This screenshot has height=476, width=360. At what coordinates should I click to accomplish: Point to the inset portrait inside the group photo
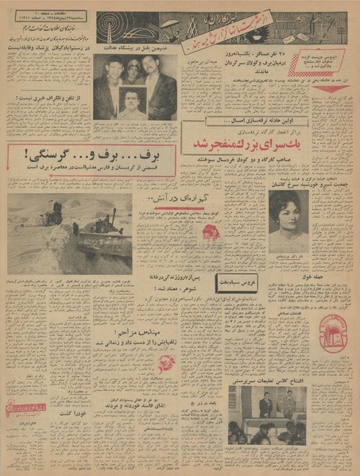point(134,103)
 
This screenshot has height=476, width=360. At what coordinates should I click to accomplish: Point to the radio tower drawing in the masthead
point(110,30)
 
